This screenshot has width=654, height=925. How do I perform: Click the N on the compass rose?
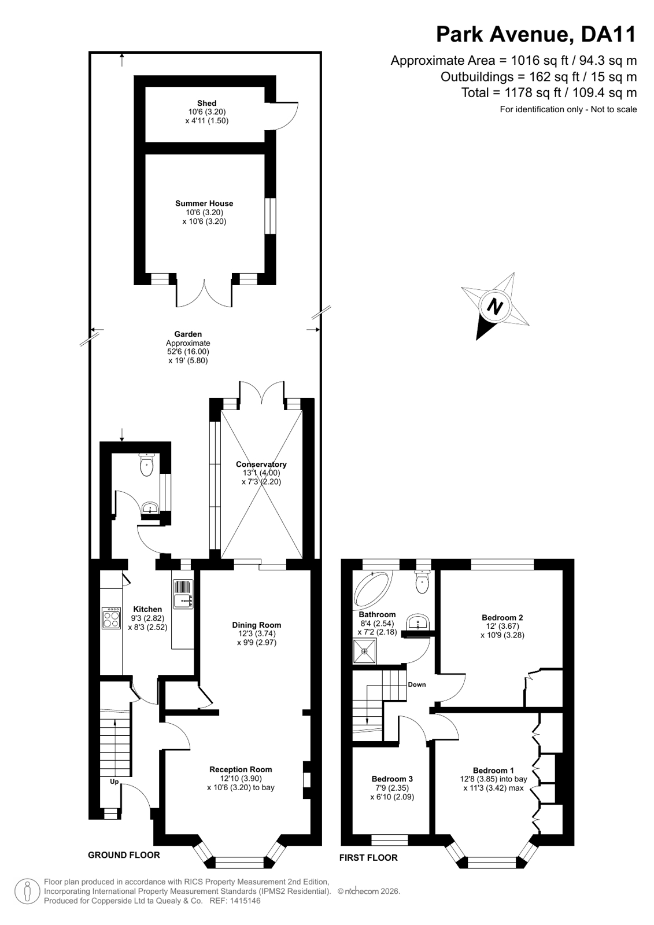496,307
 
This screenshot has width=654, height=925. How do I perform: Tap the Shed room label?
206,103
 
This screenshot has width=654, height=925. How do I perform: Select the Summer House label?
204,203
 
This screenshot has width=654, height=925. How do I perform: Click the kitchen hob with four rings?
112,618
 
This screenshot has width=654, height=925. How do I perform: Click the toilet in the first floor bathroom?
422,581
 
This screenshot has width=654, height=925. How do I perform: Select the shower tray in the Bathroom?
364,651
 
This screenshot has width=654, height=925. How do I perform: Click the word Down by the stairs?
416,684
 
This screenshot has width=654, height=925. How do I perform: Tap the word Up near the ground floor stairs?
114,782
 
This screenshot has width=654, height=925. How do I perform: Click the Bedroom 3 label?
392,779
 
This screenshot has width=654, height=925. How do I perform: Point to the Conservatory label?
261,464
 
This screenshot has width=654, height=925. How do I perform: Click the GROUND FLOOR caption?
124,855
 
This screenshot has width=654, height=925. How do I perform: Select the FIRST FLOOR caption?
368,858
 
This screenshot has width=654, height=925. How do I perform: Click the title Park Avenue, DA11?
537,34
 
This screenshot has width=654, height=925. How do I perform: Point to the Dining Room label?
256,625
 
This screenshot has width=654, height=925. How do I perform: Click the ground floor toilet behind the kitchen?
146,465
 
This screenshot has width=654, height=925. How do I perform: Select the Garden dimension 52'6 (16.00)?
188,352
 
